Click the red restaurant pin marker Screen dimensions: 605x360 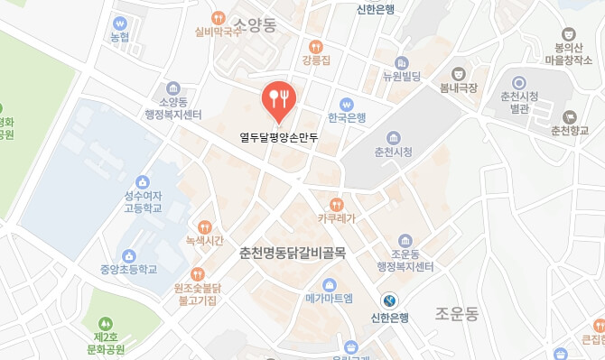coord(278,99)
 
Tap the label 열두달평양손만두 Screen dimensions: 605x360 coord(279,138)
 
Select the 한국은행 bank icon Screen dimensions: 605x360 coord(346,103)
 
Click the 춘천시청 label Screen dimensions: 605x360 coord(393,152)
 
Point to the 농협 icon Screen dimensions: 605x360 coord(120,23)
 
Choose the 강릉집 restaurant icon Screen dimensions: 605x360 coord(315,46)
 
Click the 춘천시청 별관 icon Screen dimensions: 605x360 coord(518,82)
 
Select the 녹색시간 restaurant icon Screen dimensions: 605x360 coord(205,227)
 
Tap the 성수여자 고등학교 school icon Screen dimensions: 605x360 coord(142,181)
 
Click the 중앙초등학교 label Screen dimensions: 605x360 coord(129,269)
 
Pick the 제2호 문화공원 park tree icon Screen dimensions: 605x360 coord(107,322)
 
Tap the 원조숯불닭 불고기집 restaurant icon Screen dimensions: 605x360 coord(198,273)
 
